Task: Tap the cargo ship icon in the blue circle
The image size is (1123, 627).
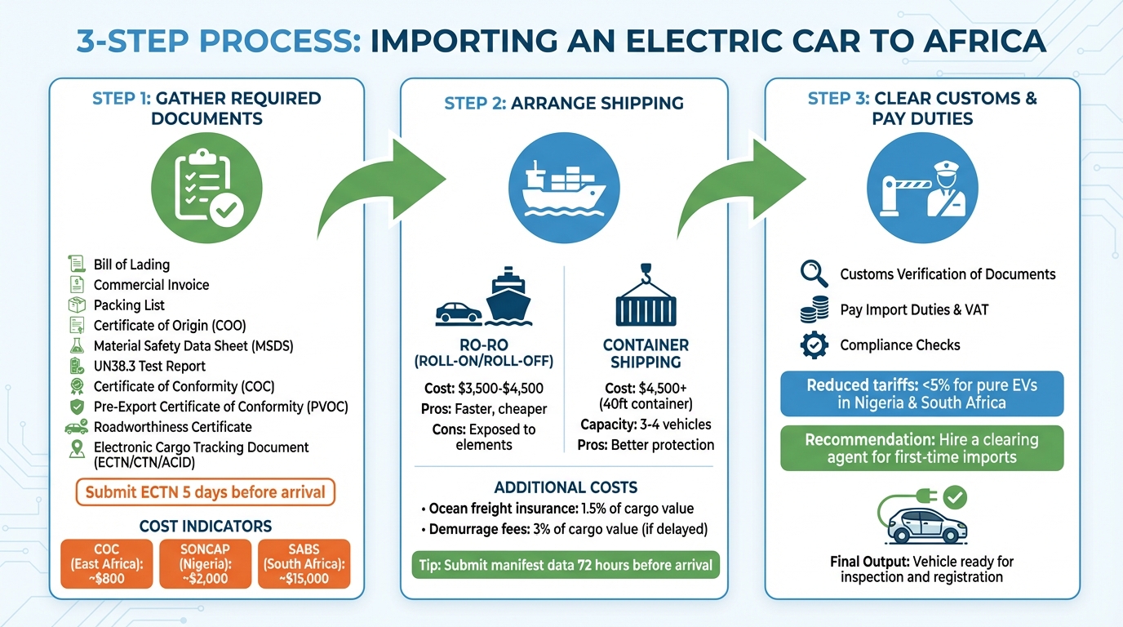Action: pos(563,187)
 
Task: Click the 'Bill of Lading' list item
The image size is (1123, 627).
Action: pos(131,265)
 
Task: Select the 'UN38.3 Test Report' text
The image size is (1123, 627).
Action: pos(149,366)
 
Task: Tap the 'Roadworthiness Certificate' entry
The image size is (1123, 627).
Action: pos(172,427)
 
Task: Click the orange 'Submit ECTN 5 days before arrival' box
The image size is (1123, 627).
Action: pos(205,492)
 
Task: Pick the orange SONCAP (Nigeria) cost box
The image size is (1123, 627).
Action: pos(205,563)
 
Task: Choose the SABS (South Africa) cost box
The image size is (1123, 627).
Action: pos(304,563)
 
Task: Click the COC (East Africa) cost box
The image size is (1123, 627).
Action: pos(107,563)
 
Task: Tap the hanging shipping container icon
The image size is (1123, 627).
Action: pos(645,295)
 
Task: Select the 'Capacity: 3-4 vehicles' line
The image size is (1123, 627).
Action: pos(646,425)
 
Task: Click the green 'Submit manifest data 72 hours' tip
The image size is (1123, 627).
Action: pos(566,565)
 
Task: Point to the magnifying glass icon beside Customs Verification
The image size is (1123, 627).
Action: pos(814,274)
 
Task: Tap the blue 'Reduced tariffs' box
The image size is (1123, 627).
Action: pos(921,394)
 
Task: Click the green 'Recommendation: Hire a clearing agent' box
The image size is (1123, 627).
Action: pos(921,448)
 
